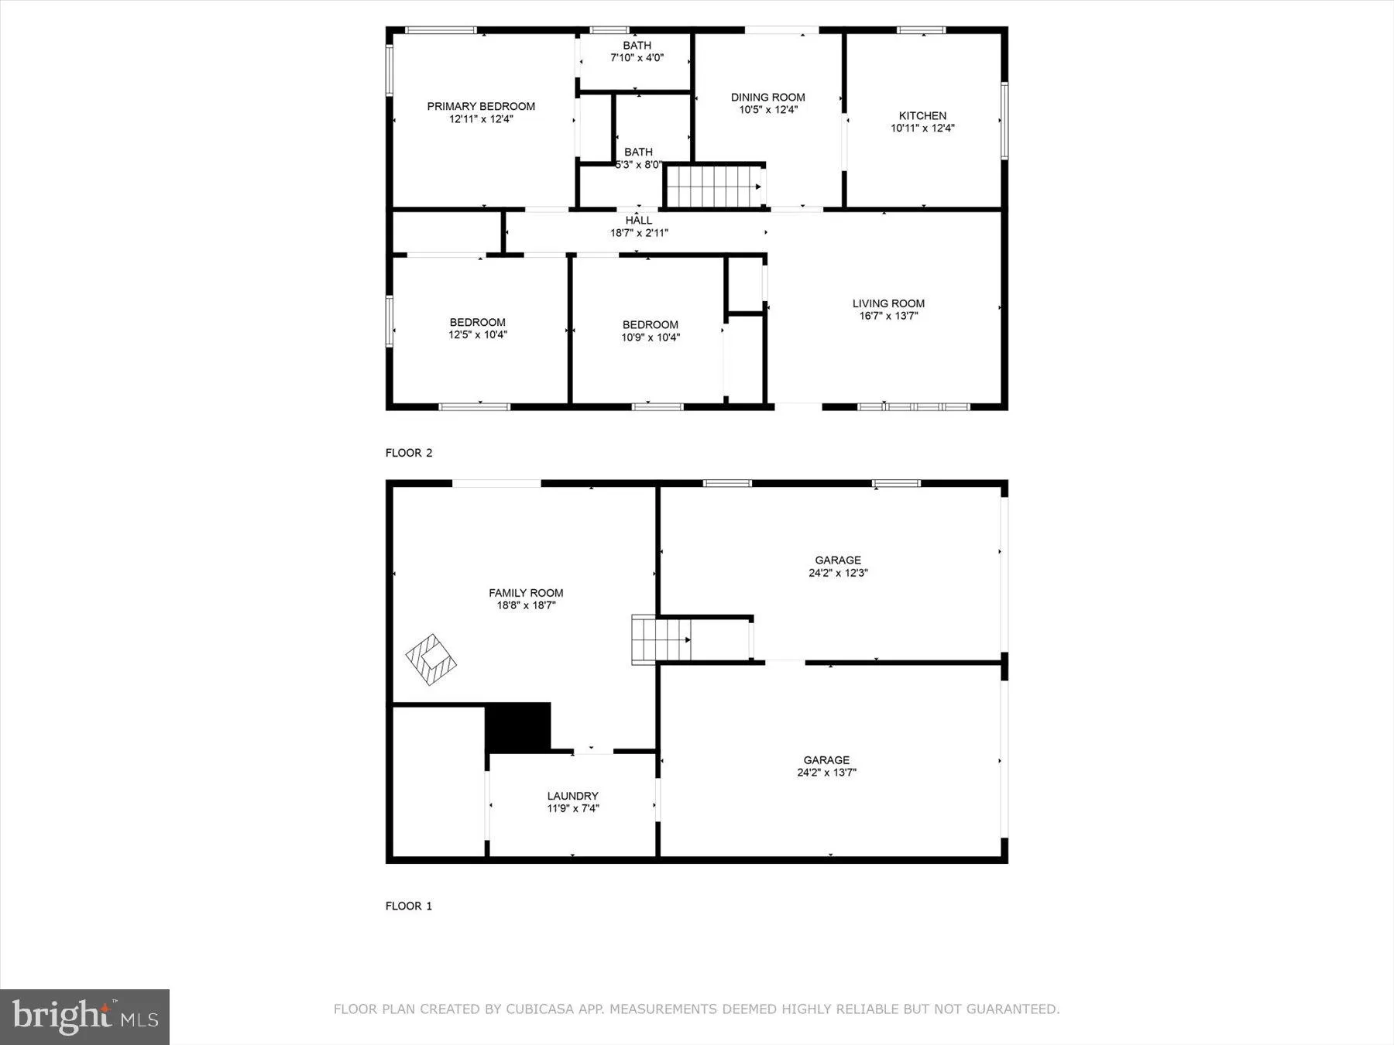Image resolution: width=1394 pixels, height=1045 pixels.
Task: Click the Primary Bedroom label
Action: tap(481, 107)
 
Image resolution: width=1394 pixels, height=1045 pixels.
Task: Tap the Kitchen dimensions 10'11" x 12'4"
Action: tap(922, 128)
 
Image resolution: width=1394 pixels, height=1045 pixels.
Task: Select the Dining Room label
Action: tap(767, 98)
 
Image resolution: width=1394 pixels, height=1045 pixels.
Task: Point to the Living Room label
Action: tap(888, 303)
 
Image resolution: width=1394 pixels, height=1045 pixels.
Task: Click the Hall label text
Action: tap(639, 221)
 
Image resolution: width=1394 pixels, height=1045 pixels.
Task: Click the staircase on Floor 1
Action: tap(661, 640)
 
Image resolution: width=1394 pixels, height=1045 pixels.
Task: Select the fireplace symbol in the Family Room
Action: tap(431, 659)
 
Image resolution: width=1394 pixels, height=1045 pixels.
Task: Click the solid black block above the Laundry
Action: tap(517, 727)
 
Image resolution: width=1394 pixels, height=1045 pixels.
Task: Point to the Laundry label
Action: tap(572, 796)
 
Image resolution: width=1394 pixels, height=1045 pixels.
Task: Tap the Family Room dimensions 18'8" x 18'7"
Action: tap(526, 606)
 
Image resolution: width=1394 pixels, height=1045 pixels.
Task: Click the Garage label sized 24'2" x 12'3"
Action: tap(837, 560)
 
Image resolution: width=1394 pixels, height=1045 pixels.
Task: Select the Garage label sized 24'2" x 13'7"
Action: tap(826, 760)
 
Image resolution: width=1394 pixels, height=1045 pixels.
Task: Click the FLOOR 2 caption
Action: tap(409, 453)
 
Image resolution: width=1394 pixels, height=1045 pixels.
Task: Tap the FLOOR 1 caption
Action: tap(409, 906)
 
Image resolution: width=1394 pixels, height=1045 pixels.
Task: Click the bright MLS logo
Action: tap(84, 1016)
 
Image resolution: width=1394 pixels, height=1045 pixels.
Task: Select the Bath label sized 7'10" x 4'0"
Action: tap(637, 46)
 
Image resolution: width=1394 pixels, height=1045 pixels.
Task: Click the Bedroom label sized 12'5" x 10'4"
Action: tap(477, 323)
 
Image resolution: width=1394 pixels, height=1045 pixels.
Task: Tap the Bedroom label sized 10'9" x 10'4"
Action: tap(650, 325)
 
